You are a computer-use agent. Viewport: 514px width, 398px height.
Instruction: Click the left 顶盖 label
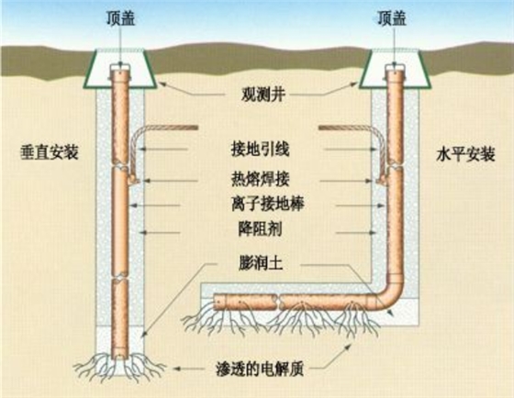[x=120, y=18]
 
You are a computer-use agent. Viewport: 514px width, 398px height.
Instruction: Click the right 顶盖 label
[x=392, y=18]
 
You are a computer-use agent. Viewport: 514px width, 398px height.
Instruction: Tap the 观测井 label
[x=263, y=94]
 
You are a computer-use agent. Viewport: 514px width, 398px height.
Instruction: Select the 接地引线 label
[x=261, y=149]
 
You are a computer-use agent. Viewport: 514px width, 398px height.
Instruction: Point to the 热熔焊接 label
[x=261, y=180]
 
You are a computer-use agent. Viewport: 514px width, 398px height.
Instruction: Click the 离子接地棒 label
[x=267, y=204]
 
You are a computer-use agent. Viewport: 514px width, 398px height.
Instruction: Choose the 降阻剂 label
[x=260, y=229]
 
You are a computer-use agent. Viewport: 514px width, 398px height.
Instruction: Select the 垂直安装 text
[x=50, y=152]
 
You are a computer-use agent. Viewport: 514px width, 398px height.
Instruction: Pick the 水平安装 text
[x=465, y=154]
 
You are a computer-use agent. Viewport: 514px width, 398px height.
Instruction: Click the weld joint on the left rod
[x=134, y=180]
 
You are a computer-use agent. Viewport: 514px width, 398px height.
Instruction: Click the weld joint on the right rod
[x=381, y=180]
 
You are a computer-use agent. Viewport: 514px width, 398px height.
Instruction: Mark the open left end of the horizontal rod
[x=215, y=302]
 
